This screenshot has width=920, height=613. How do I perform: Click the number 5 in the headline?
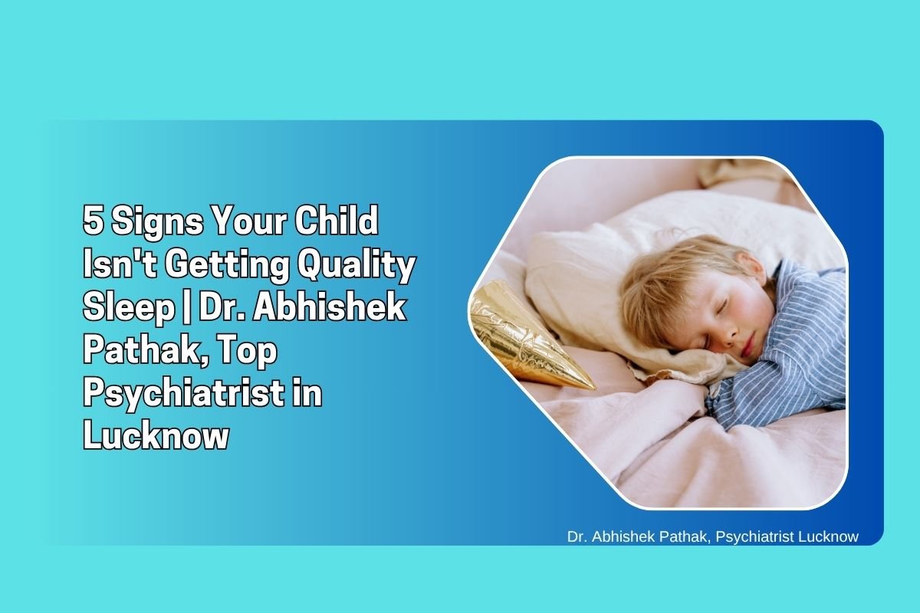[93, 220]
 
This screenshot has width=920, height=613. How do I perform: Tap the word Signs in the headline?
[157, 222]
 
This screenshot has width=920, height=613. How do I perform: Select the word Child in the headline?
[336, 220]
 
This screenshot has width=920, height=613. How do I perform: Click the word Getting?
[227, 266]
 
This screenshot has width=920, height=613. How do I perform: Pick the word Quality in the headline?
[356, 266]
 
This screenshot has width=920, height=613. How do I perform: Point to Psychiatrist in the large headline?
[183, 395]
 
